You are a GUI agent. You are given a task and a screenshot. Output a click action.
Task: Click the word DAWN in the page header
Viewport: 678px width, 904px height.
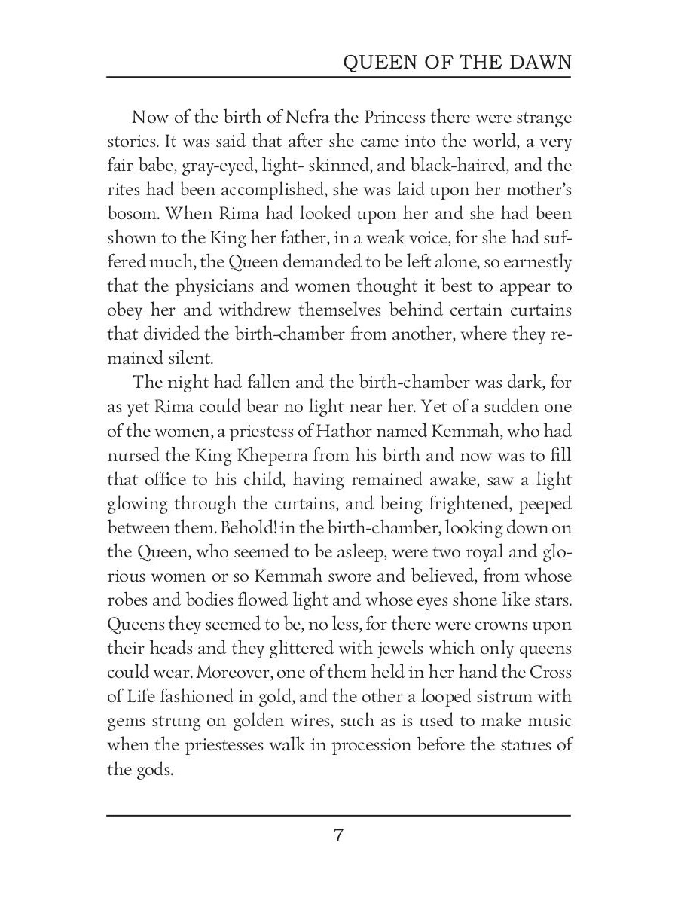541,63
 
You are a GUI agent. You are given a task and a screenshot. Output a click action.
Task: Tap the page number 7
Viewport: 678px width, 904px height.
339,835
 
